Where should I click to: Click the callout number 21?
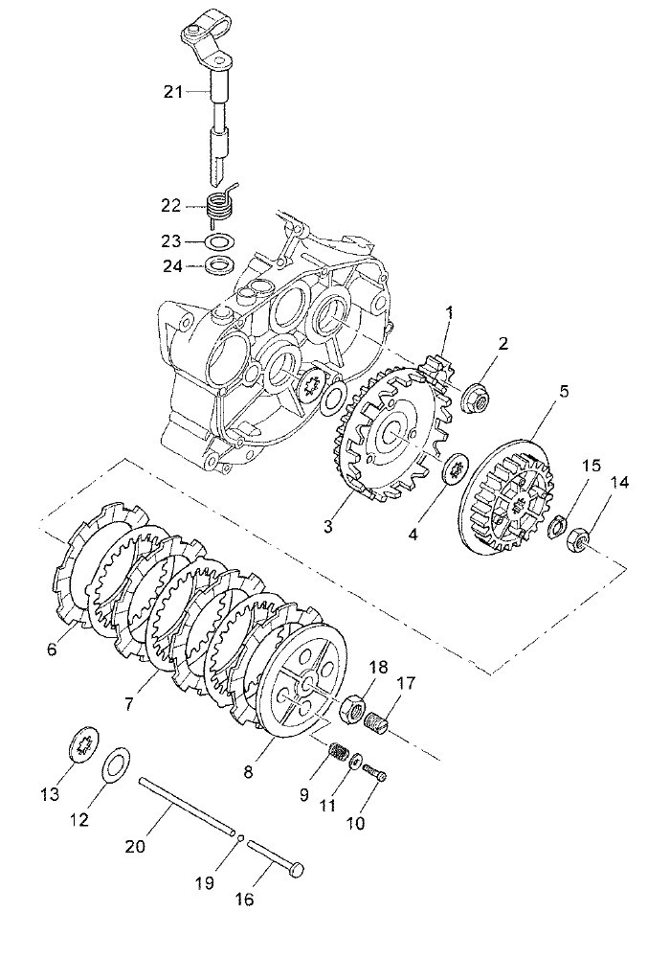pyautogui.click(x=172, y=92)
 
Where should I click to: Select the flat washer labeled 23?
pyautogui.click(x=218, y=241)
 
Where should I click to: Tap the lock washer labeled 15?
pyautogui.click(x=558, y=527)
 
